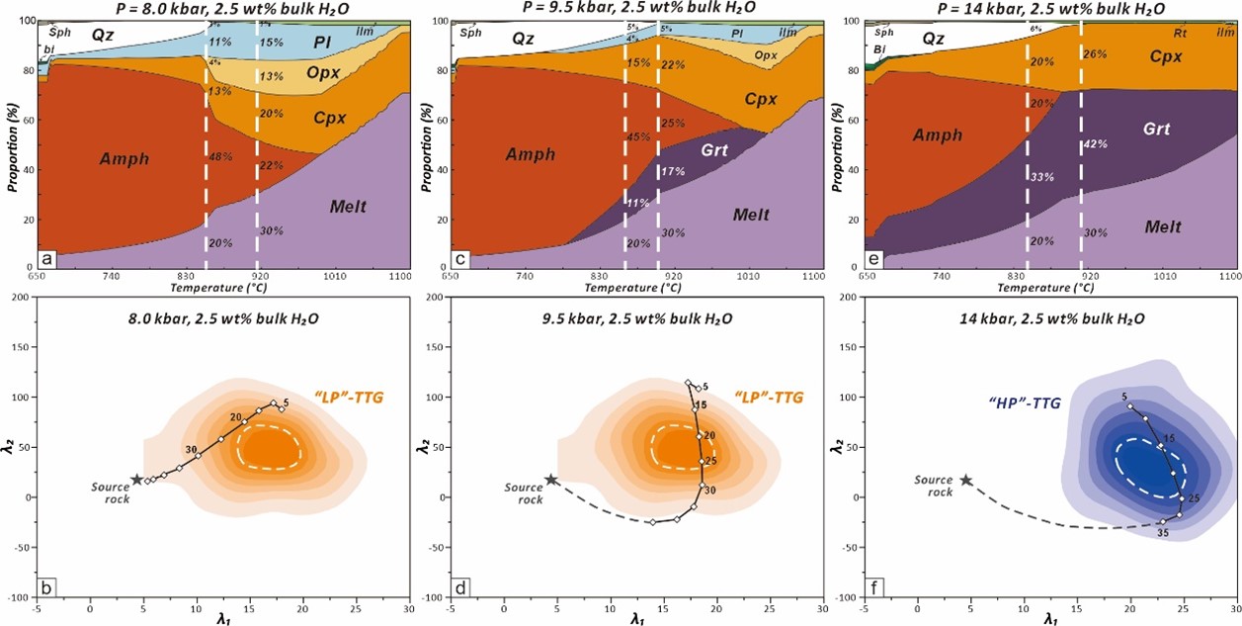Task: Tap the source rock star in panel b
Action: (x=136, y=480)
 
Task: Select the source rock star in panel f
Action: (x=965, y=480)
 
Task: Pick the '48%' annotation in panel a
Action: (x=220, y=156)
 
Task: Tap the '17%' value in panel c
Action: (x=672, y=172)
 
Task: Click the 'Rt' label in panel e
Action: (x=1179, y=32)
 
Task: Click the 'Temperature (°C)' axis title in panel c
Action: (x=630, y=288)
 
